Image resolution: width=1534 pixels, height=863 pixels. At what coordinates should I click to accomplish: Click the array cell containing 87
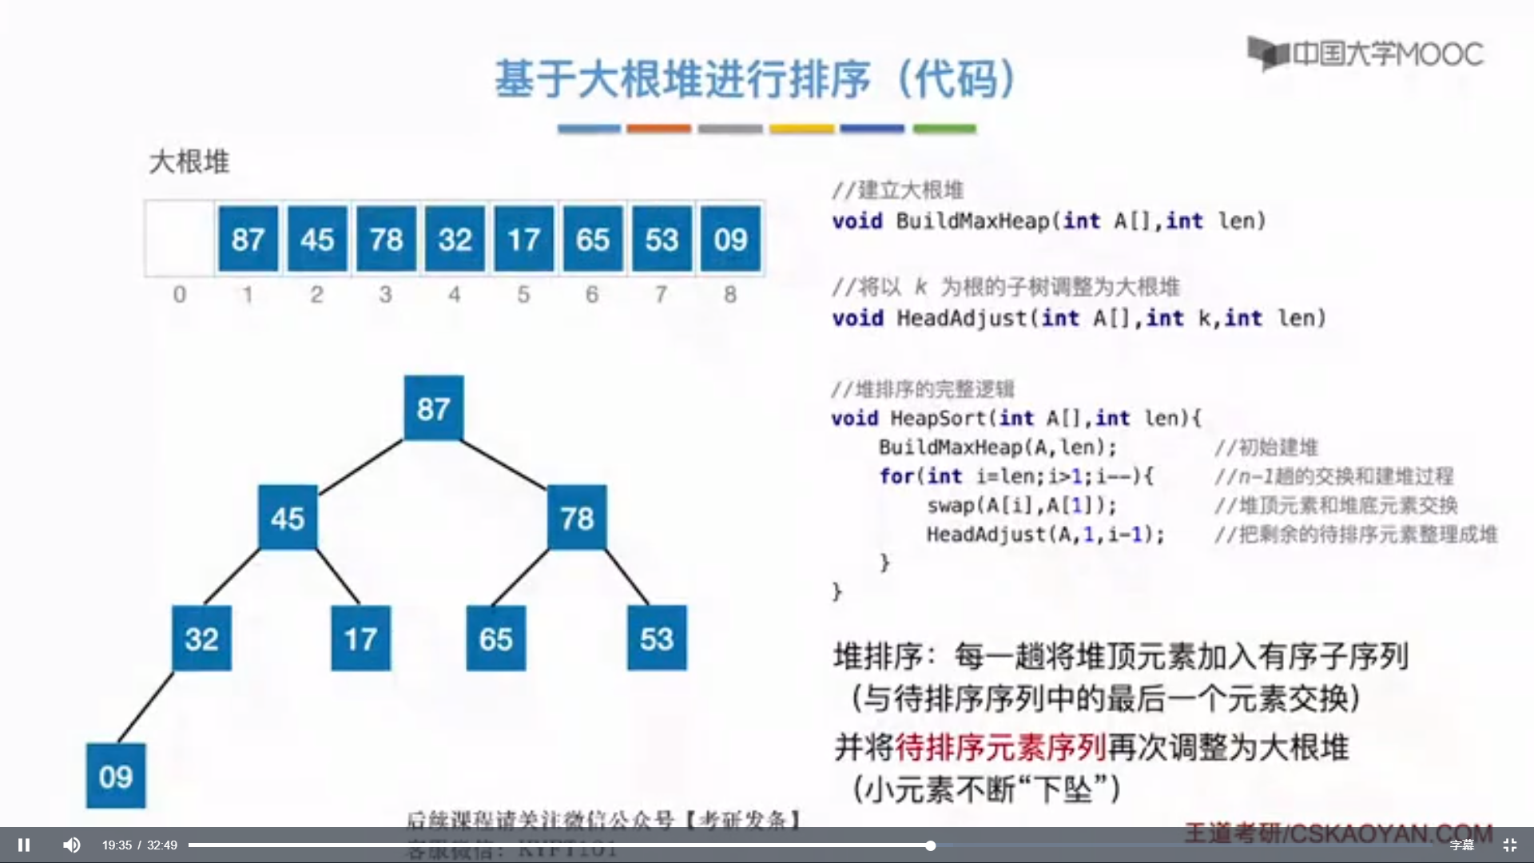click(x=248, y=239)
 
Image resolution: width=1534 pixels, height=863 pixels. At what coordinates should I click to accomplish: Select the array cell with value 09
click(x=730, y=239)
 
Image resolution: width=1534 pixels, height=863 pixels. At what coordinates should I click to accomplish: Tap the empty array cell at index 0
click(x=180, y=239)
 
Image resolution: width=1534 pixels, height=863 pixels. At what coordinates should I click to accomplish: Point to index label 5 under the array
click(x=523, y=295)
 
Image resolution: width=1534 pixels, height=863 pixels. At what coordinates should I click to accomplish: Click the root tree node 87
click(x=433, y=408)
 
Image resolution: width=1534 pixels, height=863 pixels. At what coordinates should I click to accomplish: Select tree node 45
click(x=288, y=518)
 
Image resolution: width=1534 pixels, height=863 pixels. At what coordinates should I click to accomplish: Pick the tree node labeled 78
click(x=577, y=518)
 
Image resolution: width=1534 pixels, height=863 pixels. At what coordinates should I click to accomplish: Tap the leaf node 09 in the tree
click(x=116, y=776)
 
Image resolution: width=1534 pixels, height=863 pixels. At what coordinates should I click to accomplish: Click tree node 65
click(x=495, y=638)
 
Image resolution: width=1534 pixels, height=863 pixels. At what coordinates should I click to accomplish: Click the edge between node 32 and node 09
click(x=145, y=707)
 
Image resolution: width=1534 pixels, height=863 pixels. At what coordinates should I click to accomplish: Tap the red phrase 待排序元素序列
click(x=1000, y=747)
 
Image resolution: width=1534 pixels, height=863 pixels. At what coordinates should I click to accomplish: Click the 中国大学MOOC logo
click(x=1366, y=54)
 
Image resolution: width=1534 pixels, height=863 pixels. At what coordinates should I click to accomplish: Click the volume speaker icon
click(x=72, y=845)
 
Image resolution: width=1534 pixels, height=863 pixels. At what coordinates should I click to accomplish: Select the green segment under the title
click(x=944, y=129)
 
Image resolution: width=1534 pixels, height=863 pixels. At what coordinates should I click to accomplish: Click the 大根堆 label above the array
click(x=189, y=162)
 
